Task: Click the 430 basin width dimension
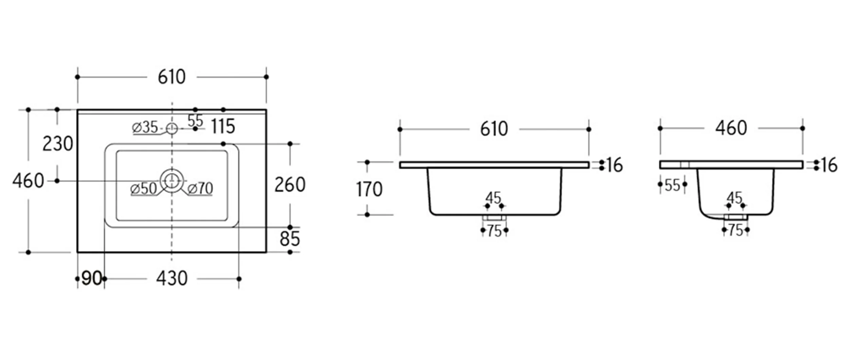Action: coord(172,278)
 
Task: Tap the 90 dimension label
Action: coord(92,278)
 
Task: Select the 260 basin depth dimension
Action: coord(290,185)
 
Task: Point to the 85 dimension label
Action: coord(290,239)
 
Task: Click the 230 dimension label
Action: coord(58,144)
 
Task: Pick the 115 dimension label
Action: coord(223,127)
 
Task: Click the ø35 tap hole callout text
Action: coord(145,127)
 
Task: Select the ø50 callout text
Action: coord(144,189)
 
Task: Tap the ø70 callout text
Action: coord(200,188)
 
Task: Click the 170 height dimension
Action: coord(369,189)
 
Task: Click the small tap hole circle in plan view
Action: coord(172,129)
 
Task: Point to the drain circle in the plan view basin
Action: coord(172,180)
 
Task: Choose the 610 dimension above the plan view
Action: coord(172,77)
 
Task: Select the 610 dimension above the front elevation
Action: coord(494,129)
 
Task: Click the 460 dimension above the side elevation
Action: coord(731,128)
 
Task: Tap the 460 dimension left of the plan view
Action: coord(29,181)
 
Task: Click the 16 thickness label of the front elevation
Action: coord(614,165)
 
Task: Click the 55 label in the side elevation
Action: coord(672,185)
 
